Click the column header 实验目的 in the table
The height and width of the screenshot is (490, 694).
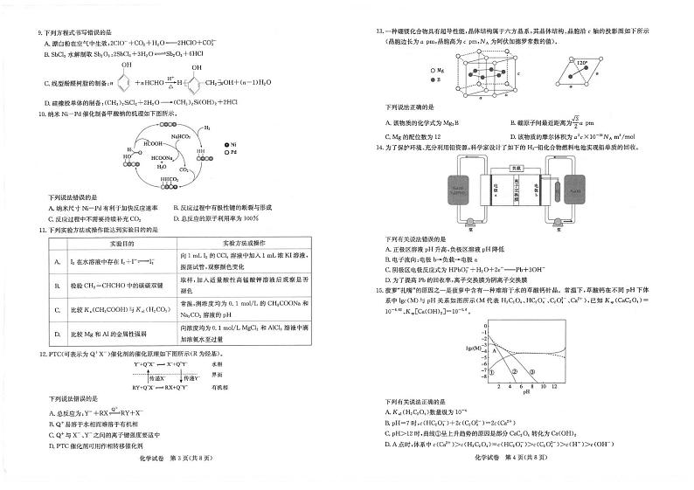point(114,242)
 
